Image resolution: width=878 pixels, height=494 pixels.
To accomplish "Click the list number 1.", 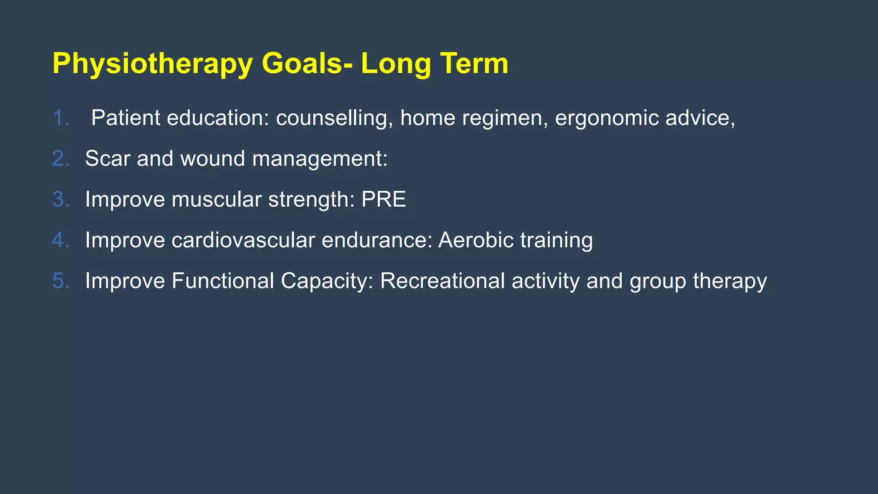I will [x=60, y=118].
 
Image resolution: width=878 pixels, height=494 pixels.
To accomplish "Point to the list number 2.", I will [x=60, y=159].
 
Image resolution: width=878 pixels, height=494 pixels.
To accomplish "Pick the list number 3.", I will [x=60, y=199].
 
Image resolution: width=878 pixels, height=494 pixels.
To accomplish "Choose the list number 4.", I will [x=60, y=240].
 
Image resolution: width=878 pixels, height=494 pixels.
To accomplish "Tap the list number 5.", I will [x=60, y=281].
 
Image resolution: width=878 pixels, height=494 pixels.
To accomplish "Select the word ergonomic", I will [x=606, y=118].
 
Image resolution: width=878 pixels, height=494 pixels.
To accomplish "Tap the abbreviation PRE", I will [x=383, y=199].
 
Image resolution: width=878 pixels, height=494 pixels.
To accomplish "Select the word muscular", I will [x=216, y=199].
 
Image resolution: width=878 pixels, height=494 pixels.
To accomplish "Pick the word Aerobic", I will [x=476, y=240].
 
